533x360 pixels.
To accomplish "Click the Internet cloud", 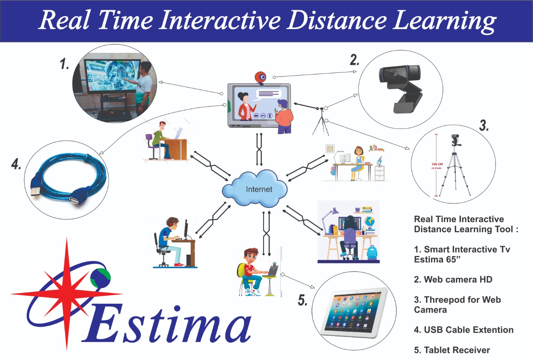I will pyautogui.click(x=255, y=189).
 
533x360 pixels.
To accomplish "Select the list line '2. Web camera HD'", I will pyautogui.click(x=453, y=280).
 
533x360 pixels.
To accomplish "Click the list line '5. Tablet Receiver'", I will pyautogui.click(x=452, y=350).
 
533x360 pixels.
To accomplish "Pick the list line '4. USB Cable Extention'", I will pyautogui.click(x=463, y=330).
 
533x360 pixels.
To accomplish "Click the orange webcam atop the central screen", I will pyautogui.click(x=261, y=77).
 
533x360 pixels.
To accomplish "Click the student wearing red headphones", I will pyautogui.click(x=171, y=242).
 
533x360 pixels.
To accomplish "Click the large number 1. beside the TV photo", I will pyautogui.click(x=65, y=65).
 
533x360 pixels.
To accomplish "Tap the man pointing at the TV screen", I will pyautogui.click(x=142, y=87).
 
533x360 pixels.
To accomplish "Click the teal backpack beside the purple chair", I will pyautogui.click(x=371, y=252).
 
